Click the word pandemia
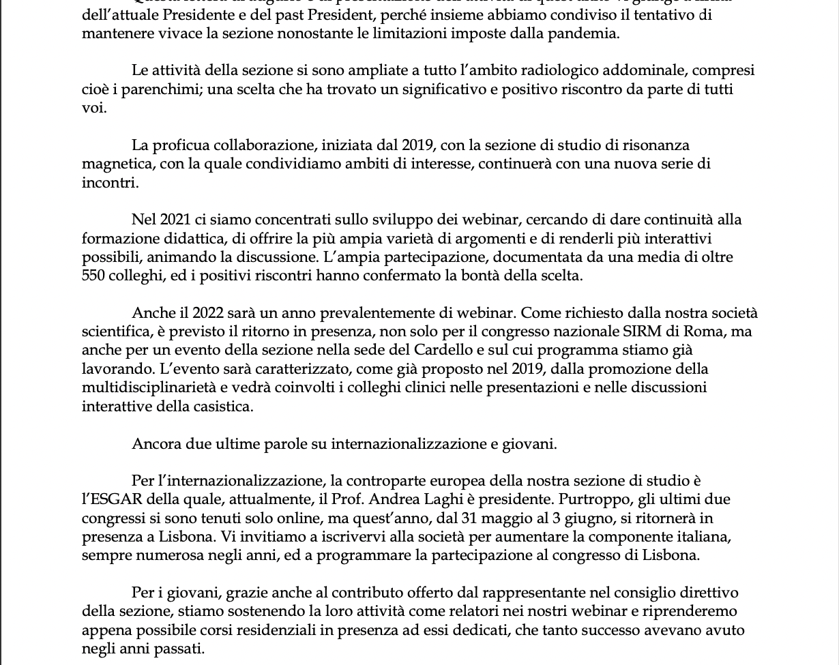[586, 33]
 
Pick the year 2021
[175, 220]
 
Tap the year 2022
[208, 313]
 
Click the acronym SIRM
[644, 331]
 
